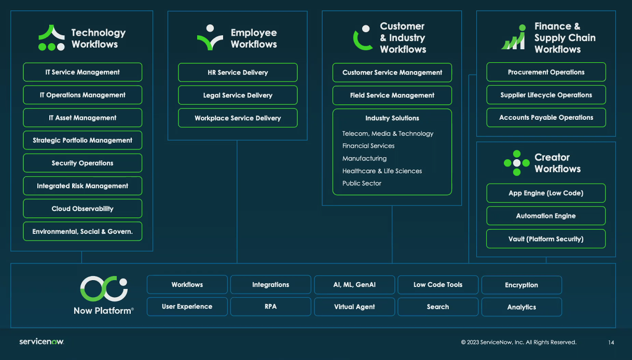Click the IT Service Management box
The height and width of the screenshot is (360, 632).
[83, 72]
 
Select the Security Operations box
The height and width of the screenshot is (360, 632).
[83, 163]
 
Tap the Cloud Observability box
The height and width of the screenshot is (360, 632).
[83, 209]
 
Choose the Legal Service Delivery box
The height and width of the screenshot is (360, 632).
[238, 95]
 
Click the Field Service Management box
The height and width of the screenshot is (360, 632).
[392, 95]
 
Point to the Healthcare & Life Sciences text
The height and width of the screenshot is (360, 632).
[382, 171]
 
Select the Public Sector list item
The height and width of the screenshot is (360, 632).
[362, 184]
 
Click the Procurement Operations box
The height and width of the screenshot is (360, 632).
[546, 72]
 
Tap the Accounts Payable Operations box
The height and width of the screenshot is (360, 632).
[546, 118]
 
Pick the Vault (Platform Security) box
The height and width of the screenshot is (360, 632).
[546, 239]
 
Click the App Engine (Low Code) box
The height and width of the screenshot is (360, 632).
[546, 193]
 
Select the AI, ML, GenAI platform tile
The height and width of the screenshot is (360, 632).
[354, 285]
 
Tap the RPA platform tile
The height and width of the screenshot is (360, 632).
[270, 307]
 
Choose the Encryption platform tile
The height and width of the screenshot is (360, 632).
[521, 285]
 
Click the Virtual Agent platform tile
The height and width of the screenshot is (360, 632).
[354, 307]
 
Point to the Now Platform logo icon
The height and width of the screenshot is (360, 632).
[103, 288]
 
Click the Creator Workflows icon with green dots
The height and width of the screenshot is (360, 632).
[516, 163]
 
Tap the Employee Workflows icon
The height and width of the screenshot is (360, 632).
[210, 38]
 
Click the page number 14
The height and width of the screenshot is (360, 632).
[611, 342]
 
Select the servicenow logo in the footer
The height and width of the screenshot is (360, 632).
[42, 342]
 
